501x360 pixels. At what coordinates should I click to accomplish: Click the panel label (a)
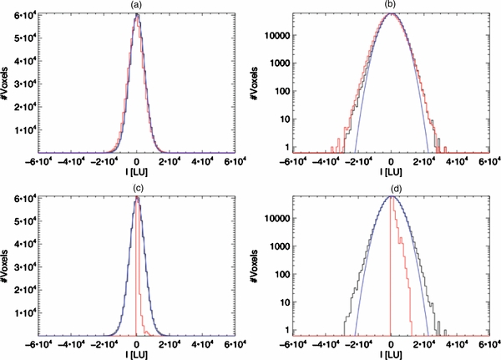pyautogui.click(x=138, y=6)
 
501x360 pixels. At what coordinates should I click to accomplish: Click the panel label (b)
pyautogui.click(x=390, y=6)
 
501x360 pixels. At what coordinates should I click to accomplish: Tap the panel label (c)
pyautogui.click(x=138, y=189)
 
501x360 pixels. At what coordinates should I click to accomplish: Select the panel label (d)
pyautogui.click(x=390, y=189)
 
